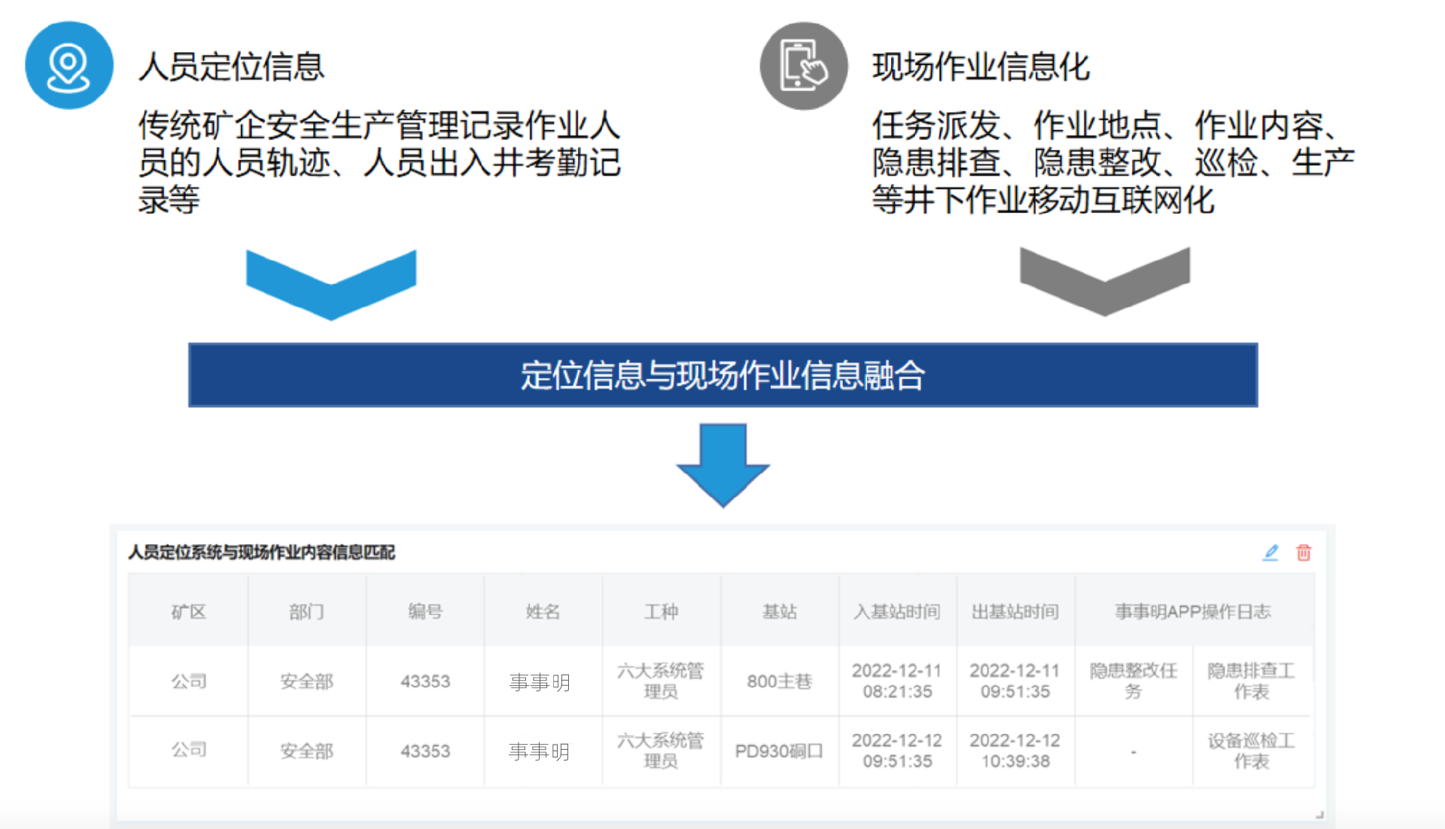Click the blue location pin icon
coord(68,66)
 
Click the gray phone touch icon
coord(803,66)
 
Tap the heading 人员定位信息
coord(231,67)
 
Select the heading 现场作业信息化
coord(981,67)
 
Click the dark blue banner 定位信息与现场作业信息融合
coord(722,375)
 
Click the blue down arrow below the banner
coord(722,464)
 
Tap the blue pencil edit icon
coord(1270,553)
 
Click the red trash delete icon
coord(1304,553)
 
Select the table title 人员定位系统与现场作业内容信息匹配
coord(261,553)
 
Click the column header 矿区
coord(188,611)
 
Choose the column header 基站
coord(779,611)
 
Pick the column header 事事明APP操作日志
coord(1193,611)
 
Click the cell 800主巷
coord(779,681)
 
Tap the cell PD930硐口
coord(779,751)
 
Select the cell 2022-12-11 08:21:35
coord(897,681)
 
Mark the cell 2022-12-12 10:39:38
coord(1015,751)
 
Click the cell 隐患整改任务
coord(1133,681)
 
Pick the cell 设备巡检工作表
coord(1251,751)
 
